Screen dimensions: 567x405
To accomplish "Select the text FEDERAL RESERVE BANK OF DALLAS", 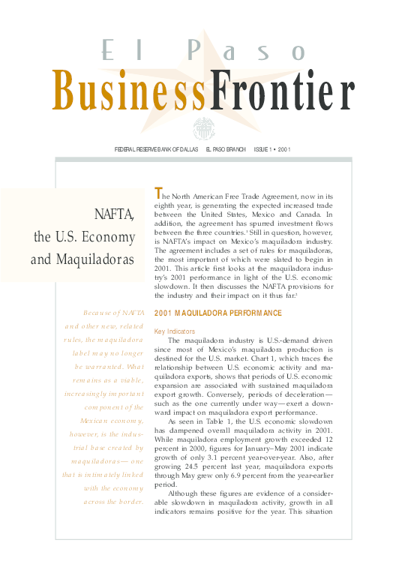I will (x=156, y=149).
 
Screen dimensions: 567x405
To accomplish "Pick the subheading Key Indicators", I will (x=174, y=330).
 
